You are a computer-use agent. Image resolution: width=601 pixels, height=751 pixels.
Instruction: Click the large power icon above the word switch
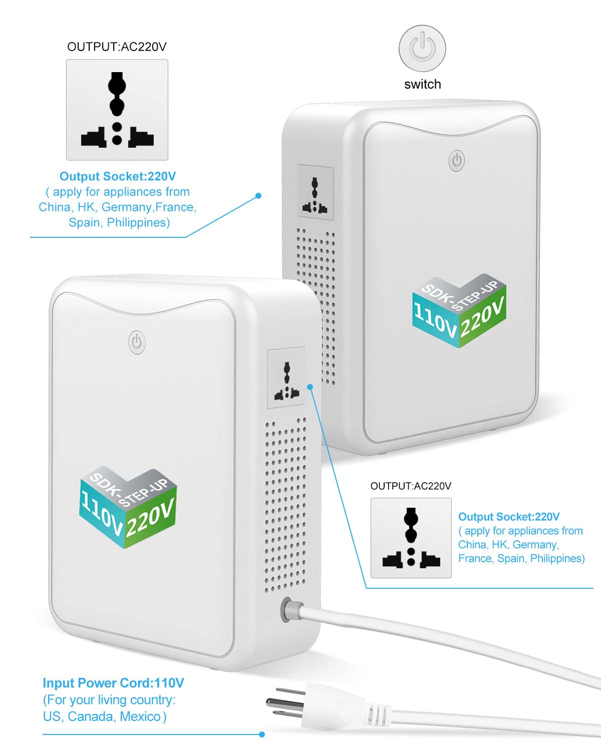coord(422,49)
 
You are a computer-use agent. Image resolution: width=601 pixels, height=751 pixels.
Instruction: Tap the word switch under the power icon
coord(423,84)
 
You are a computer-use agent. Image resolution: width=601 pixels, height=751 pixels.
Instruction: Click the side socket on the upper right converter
coord(316,193)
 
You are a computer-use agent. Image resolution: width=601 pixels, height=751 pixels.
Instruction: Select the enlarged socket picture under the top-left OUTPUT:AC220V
coord(117,110)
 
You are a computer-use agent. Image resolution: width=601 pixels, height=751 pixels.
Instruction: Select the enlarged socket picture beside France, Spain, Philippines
coord(411,538)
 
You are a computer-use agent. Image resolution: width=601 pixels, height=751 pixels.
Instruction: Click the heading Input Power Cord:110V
coord(113,683)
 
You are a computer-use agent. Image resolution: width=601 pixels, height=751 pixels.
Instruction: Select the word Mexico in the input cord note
coord(140,716)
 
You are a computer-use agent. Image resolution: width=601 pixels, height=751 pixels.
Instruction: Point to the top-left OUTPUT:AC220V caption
coord(117,47)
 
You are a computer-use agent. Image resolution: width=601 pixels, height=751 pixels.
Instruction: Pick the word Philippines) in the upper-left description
coord(138,222)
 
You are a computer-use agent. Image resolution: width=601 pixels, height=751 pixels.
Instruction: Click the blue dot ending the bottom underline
coord(262,734)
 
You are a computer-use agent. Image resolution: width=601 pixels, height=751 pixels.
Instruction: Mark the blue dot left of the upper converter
coord(258,196)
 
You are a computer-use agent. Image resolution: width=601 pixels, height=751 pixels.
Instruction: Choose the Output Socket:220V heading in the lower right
coord(509,517)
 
